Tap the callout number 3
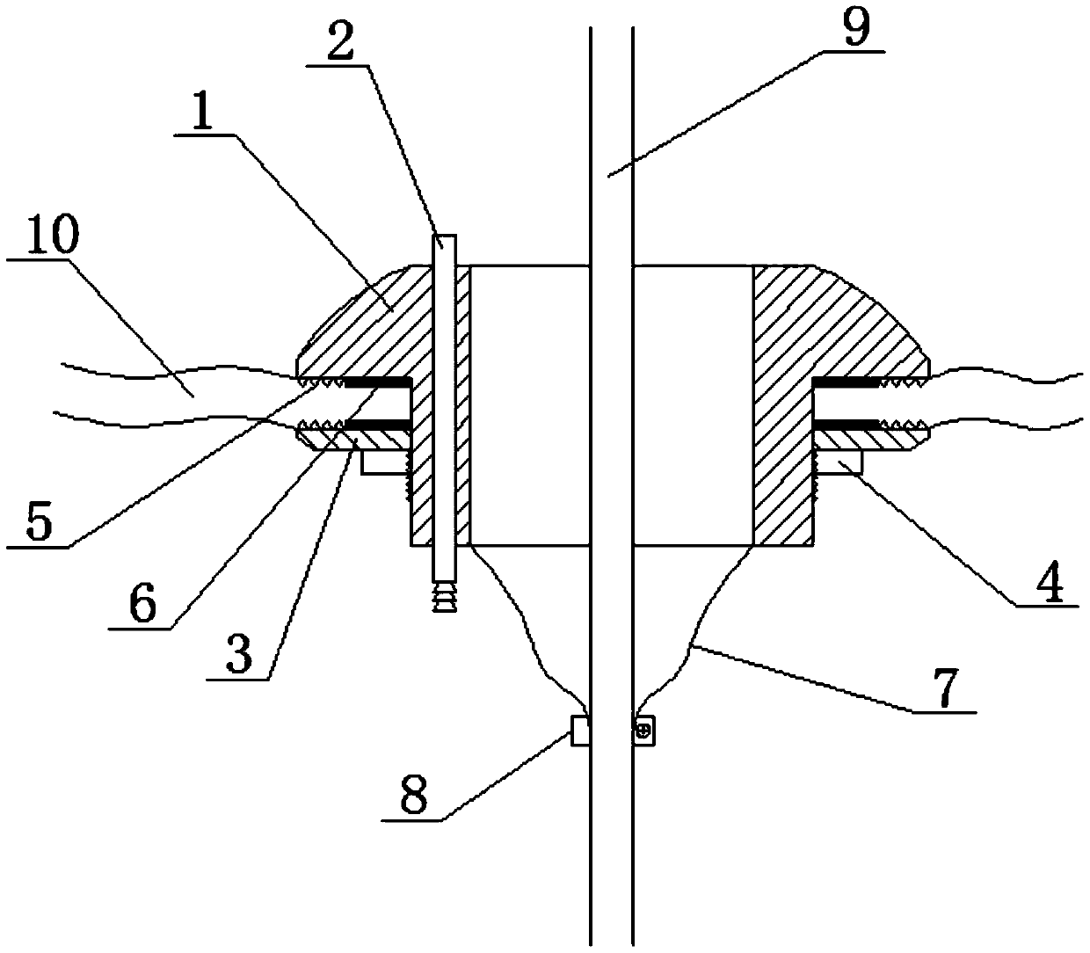[x=237, y=654]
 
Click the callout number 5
[x=40, y=521]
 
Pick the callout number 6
[x=141, y=602]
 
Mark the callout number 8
[x=413, y=797]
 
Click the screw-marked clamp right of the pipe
[x=645, y=729]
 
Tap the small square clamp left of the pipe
[x=579, y=730]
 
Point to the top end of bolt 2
[x=446, y=242]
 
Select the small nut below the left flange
[x=385, y=462]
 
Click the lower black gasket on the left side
[x=378, y=425]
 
